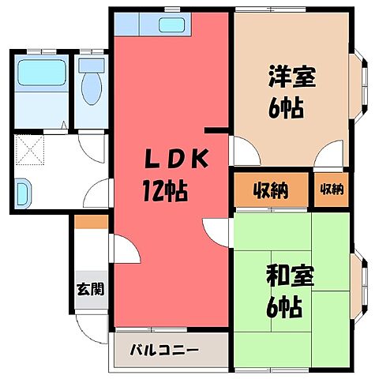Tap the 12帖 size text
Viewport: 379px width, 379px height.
coord(167,189)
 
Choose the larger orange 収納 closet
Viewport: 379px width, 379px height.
coord(270,190)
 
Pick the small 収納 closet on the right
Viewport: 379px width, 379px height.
coord(332,189)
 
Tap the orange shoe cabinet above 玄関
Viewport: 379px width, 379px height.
coord(88,223)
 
